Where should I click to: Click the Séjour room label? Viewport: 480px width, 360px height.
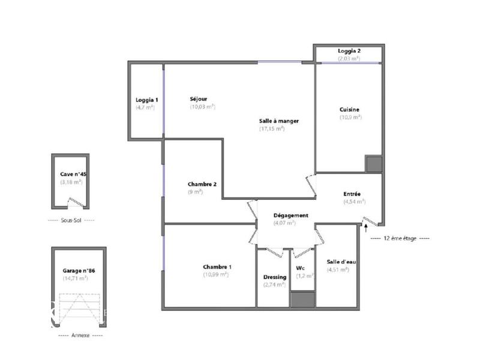click(198, 99)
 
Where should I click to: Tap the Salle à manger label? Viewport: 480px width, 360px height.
click(278, 121)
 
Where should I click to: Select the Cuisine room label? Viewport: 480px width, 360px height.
click(349, 109)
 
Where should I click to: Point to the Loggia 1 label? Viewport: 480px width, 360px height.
click(146, 100)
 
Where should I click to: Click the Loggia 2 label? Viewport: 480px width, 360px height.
click(349, 51)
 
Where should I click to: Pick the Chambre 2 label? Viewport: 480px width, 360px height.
click(201, 184)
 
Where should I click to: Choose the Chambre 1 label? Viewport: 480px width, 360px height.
click(217, 267)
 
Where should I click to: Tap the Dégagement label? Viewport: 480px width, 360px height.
click(290, 215)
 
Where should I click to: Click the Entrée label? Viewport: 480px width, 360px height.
click(352, 194)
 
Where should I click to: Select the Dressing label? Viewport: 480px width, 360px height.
click(275, 277)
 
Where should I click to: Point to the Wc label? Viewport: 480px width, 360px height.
click(301, 268)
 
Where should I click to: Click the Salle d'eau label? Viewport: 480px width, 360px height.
click(338, 262)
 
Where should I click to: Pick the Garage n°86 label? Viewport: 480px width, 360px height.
click(79, 271)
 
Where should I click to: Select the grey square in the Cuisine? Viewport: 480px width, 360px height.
click(374, 164)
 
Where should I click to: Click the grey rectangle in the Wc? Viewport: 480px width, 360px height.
click(302, 299)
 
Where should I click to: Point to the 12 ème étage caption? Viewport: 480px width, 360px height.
click(400, 238)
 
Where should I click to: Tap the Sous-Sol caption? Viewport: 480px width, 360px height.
click(71, 220)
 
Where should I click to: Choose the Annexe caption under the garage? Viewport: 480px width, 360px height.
click(80, 335)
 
